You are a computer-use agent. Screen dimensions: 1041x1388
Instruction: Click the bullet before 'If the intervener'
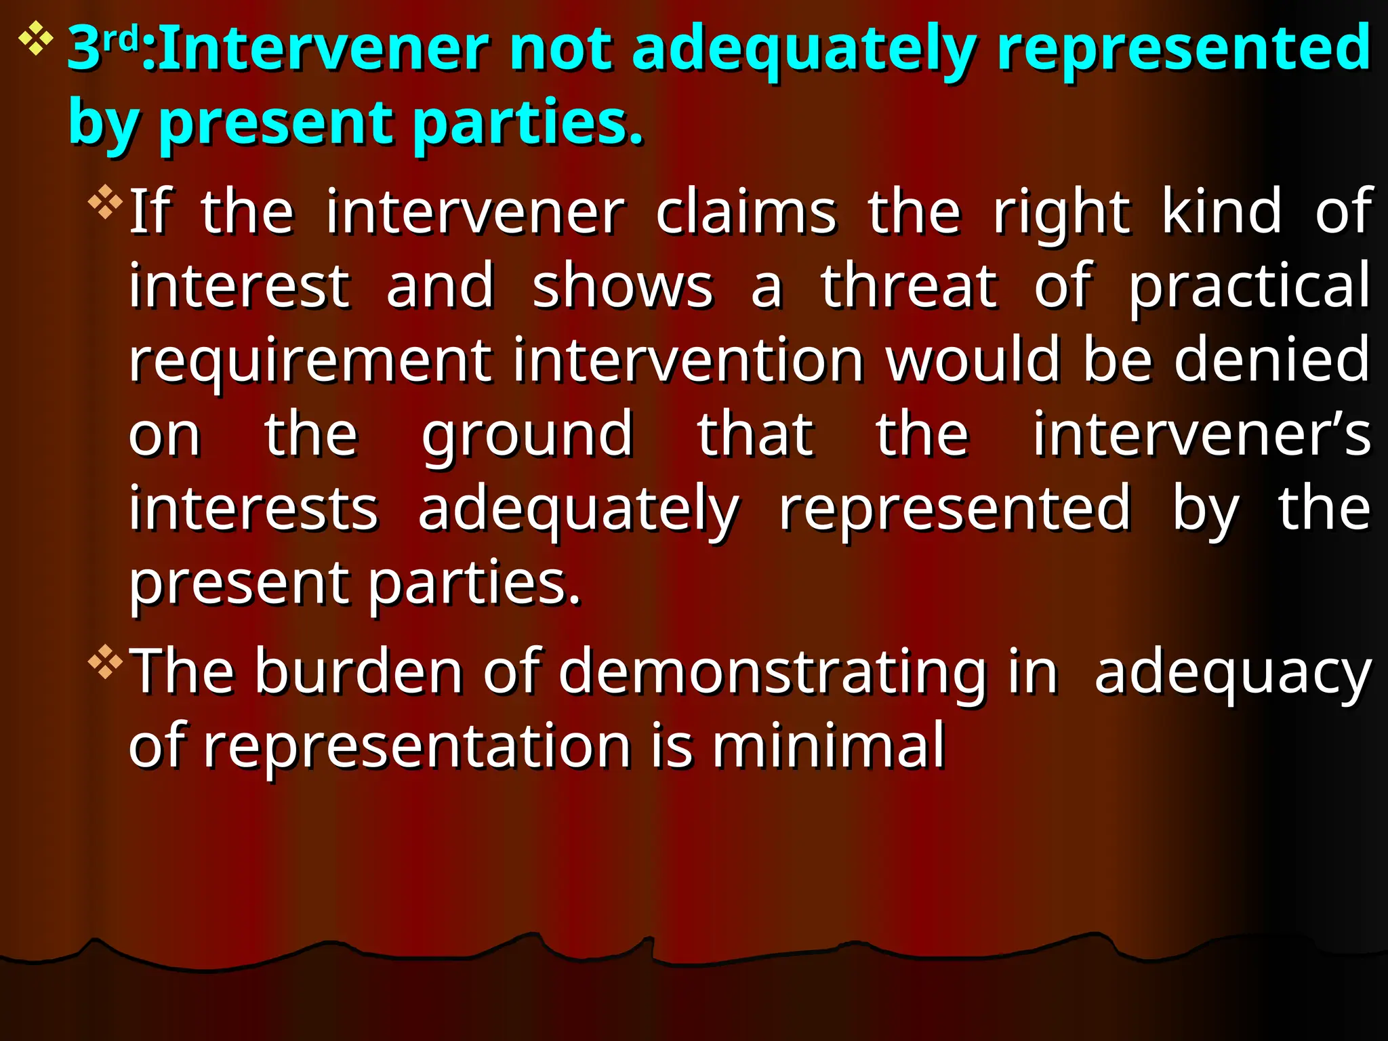coord(105,202)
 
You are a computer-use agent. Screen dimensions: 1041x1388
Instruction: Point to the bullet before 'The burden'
coord(105,661)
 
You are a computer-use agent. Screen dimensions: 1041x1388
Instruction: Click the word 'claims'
coord(746,212)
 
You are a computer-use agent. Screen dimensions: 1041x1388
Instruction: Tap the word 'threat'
coord(909,286)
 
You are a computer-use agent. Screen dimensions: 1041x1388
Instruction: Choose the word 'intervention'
coord(687,360)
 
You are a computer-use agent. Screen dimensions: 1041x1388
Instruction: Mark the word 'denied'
coord(1271,360)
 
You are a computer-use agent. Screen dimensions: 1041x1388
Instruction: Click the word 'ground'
coord(527,435)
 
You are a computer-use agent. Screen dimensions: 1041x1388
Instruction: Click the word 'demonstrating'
coord(771,672)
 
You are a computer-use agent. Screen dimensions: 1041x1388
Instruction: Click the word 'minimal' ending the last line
coord(828,746)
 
